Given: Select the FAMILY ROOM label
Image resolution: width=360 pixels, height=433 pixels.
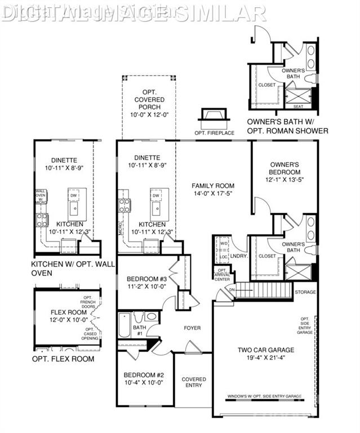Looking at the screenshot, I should [212, 185].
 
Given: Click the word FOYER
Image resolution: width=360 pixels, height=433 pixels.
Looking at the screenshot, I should [192, 328].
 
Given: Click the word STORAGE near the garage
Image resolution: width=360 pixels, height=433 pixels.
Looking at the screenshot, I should [305, 292].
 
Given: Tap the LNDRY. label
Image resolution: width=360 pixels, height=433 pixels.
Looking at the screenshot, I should [238, 256].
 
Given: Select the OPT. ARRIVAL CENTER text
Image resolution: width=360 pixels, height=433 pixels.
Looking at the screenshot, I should [222, 275].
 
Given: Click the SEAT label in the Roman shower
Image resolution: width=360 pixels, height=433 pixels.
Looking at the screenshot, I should [297, 107].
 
